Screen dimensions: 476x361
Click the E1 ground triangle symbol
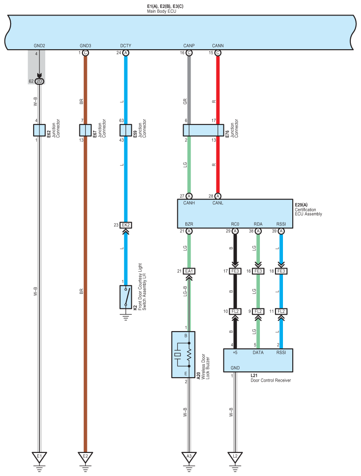[39, 456]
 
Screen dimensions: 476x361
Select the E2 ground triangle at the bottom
[85, 456]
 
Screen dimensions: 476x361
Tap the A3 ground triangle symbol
[189, 456]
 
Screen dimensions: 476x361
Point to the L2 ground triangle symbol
[235, 456]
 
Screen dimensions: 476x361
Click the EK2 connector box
[126, 225]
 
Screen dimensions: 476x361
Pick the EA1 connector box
[189, 271]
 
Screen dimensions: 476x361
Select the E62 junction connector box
[39, 130]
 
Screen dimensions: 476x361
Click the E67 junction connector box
[85, 130]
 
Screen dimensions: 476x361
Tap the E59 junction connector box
[126, 130]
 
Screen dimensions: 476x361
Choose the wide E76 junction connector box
[204, 130]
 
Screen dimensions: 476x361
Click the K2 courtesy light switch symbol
[126, 297]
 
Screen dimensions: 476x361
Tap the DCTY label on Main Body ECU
[126, 46]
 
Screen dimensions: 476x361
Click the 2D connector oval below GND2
[39, 81]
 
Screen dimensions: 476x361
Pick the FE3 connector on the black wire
[235, 271]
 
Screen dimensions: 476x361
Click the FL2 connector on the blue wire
[281, 311]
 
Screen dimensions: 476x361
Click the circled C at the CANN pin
[218, 53]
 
